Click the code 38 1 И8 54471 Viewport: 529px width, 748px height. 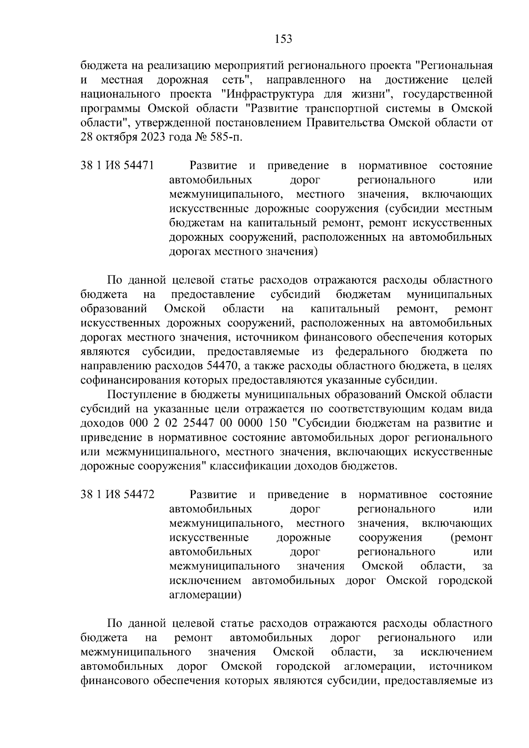click(x=117, y=166)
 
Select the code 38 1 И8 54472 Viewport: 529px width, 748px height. click(x=117, y=495)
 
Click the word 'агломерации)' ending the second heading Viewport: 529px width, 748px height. click(x=205, y=595)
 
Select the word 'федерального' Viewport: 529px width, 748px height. click(x=371, y=352)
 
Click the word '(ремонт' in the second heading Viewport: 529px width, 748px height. click(x=471, y=538)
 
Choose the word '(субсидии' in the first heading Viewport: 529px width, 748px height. click(x=408, y=209)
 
